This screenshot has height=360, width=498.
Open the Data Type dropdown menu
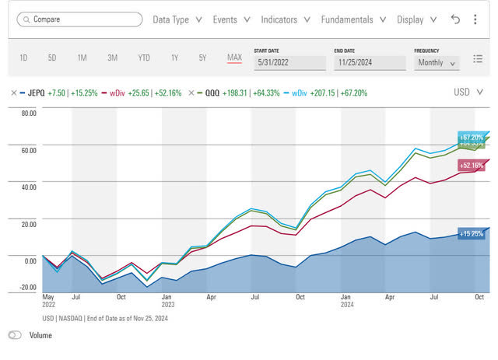click(x=177, y=19)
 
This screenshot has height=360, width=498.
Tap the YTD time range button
click(x=144, y=58)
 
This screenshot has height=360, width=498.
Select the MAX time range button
click(x=234, y=58)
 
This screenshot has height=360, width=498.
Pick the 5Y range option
click(x=202, y=58)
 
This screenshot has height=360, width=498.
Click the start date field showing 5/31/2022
click(x=289, y=63)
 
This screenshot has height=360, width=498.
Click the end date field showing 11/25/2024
click(x=370, y=63)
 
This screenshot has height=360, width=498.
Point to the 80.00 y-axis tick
click(x=28, y=113)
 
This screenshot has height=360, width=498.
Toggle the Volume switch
click(x=16, y=335)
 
